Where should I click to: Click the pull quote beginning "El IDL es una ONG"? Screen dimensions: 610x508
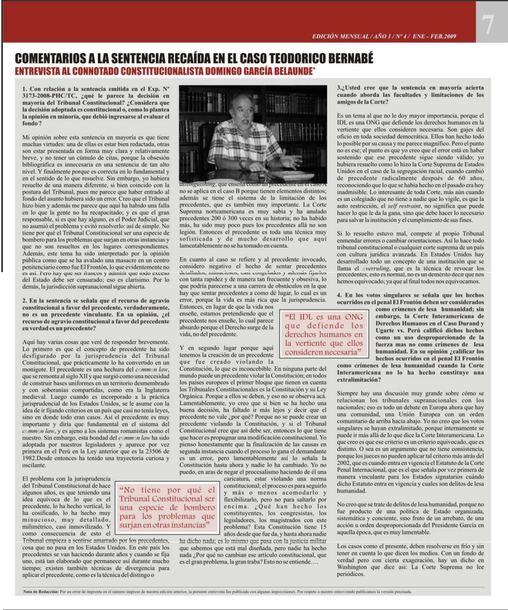click(x=323, y=334)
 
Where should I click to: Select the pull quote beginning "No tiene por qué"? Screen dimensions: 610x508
click(x=167, y=507)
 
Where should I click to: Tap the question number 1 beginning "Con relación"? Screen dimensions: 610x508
click(x=96, y=106)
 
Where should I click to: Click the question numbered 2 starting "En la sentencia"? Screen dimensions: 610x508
click(x=96, y=314)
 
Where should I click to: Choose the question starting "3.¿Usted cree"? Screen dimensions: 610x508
click(x=410, y=95)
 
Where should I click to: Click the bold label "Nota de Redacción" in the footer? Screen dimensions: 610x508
click(x=41, y=591)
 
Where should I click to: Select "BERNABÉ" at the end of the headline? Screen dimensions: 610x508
click(x=351, y=58)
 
